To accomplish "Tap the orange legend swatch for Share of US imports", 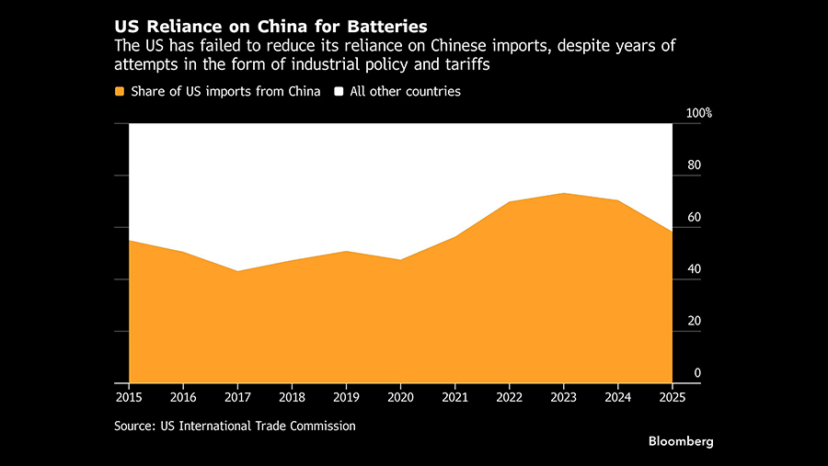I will click(x=120, y=92).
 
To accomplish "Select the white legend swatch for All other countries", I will click(x=339, y=92).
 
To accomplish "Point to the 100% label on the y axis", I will click(x=699, y=113).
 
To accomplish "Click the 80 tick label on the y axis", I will click(x=695, y=165).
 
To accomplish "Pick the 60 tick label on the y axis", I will click(x=695, y=218).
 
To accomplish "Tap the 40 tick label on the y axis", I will click(x=695, y=269).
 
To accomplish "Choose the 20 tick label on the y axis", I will click(x=695, y=321).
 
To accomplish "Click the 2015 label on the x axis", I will click(x=129, y=397).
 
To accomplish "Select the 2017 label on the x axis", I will click(x=238, y=397).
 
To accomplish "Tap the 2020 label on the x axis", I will click(x=401, y=397).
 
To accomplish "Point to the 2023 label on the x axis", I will click(x=564, y=397).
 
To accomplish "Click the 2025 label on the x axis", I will click(x=673, y=397).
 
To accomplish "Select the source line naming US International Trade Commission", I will click(x=235, y=426).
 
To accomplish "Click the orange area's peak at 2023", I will click(x=564, y=194).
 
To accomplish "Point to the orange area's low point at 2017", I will click(x=238, y=271).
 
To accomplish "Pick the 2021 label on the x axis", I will click(x=455, y=397).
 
